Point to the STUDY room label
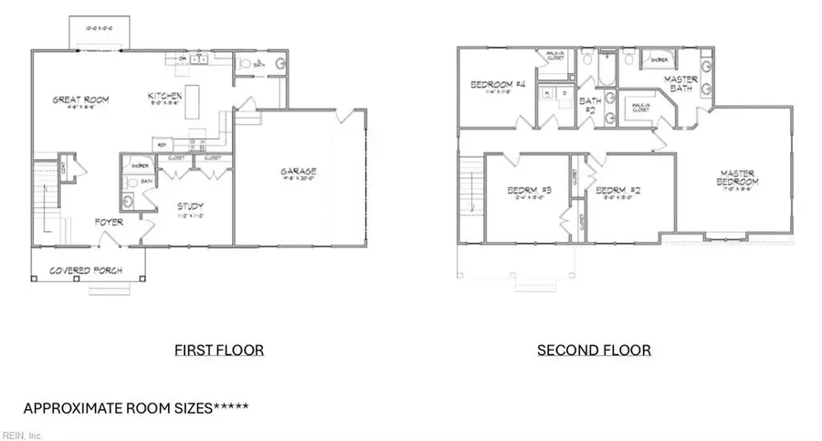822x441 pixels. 190,206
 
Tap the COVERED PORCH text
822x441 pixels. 88,270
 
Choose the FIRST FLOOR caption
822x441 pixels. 206,350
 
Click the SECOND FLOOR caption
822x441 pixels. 594,350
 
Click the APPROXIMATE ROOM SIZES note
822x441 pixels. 135,407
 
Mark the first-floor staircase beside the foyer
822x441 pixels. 46,196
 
